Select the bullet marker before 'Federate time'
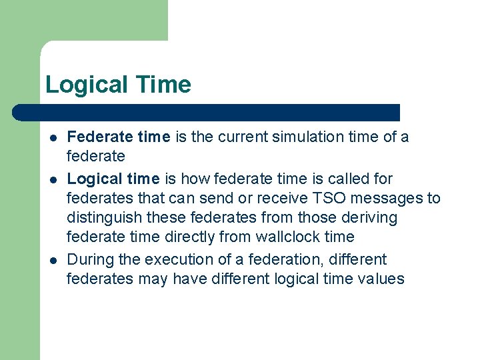tap(52, 138)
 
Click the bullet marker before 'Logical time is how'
tap(52, 179)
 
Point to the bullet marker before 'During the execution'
tap(52, 260)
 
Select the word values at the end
tap(381, 279)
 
